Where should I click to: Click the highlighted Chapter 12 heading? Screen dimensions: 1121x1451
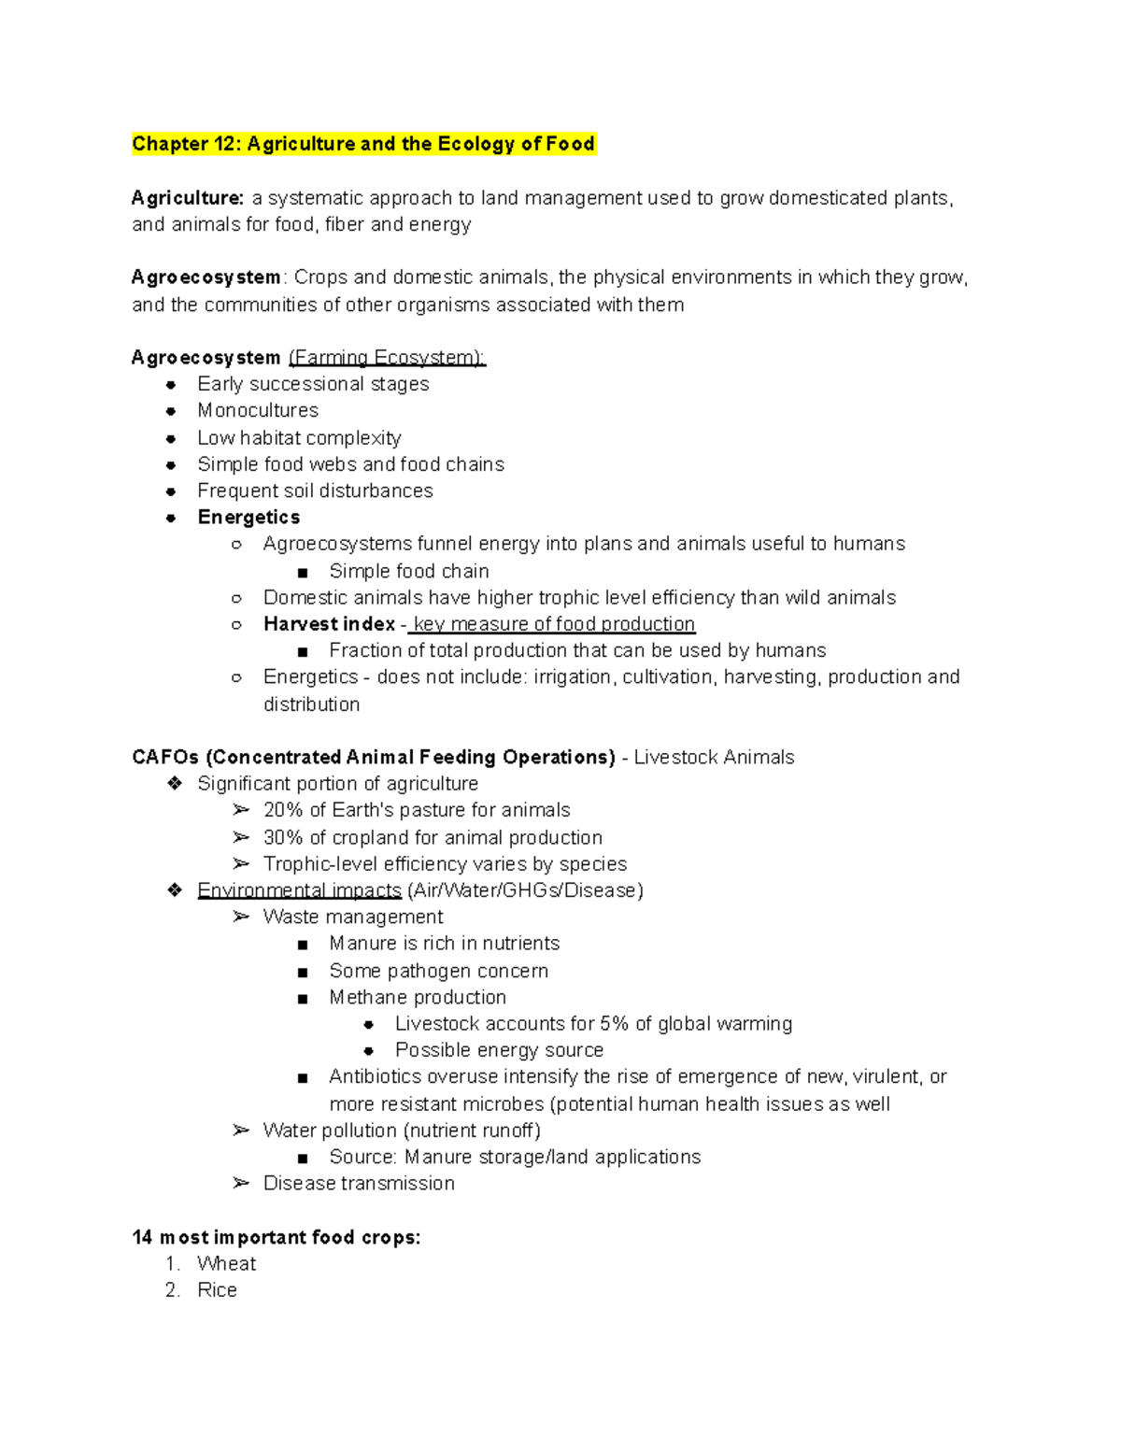pos(363,144)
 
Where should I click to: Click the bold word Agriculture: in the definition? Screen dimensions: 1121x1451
pos(188,198)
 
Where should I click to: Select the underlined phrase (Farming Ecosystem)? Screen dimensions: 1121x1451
pos(387,358)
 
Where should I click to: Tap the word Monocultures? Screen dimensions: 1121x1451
pos(258,411)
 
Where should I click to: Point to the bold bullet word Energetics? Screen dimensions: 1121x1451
pos(248,518)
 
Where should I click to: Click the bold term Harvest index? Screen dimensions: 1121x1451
pos(329,624)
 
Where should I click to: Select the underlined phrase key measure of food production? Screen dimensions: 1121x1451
pos(554,624)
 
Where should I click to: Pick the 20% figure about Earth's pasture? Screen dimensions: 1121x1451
pos(283,810)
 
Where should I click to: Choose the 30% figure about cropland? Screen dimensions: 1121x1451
pos(283,838)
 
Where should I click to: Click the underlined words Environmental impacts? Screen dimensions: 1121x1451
pos(299,890)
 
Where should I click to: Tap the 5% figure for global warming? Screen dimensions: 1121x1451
pos(614,1024)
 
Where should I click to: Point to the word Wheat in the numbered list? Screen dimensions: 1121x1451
pos(226,1264)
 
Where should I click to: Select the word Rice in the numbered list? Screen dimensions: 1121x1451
pos(217,1290)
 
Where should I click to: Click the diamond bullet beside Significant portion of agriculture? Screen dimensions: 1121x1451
pos(175,783)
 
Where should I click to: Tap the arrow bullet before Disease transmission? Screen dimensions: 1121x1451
pos(241,1183)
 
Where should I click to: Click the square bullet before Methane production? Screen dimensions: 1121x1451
pos(302,999)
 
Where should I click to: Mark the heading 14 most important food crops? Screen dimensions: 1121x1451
pos(277,1238)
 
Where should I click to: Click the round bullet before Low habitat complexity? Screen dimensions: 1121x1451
pos(171,438)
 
